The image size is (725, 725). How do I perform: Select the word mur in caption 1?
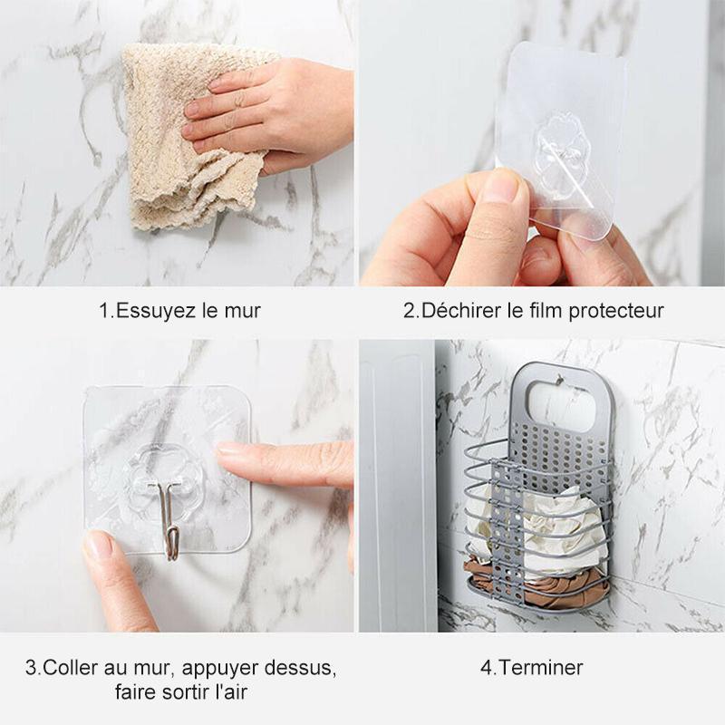click(243, 311)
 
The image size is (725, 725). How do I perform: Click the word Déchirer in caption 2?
click(461, 310)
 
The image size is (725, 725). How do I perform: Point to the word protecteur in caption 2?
click(616, 311)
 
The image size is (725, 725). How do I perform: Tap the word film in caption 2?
click(547, 310)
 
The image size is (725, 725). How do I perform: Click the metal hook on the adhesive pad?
click(168, 517)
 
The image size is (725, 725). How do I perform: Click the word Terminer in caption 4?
click(541, 668)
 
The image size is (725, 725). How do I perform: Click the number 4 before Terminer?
click(486, 668)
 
